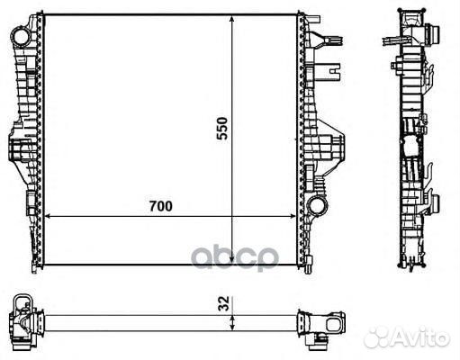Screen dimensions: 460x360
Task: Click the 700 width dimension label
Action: click(x=161, y=206)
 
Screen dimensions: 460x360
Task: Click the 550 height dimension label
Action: click(x=222, y=129)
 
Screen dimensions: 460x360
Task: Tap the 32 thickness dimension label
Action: click(x=224, y=303)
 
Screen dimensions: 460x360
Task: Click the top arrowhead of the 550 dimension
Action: click(x=231, y=20)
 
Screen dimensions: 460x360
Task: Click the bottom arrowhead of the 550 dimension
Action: click(x=231, y=260)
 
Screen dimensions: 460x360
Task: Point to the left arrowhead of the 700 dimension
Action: click(x=49, y=216)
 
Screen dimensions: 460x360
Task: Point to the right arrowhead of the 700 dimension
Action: click(x=292, y=216)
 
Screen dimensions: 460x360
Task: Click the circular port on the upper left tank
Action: click(x=21, y=37)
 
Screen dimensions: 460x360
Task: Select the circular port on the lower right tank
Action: click(x=318, y=205)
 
